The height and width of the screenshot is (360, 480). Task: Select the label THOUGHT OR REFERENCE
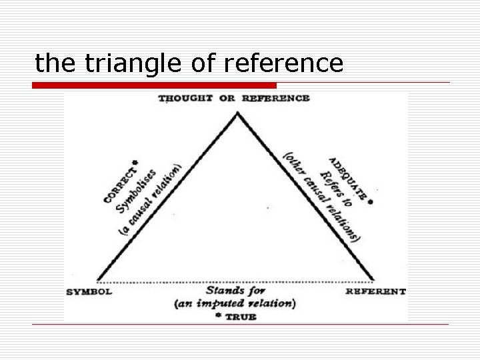(233, 98)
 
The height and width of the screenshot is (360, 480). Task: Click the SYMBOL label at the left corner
(89, 291)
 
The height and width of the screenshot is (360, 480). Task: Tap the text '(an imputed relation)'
(234, 304)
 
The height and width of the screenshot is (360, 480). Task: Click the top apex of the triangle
(237, 113)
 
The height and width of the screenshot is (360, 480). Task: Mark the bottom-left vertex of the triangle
(98, 280)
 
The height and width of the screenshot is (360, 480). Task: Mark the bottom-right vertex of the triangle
(373, 280)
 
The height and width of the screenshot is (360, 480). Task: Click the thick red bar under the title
(155, 85)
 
